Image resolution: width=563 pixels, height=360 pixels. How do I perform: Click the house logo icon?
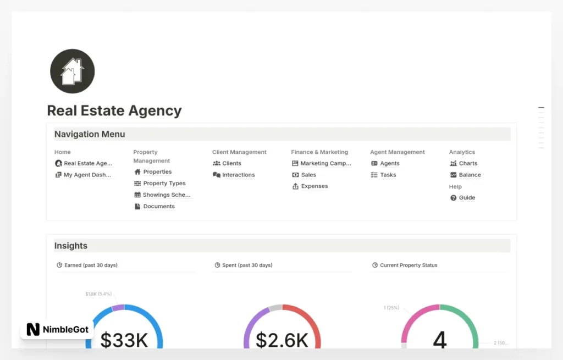coord(72,71)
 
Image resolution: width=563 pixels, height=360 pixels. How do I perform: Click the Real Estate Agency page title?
coord(114,110)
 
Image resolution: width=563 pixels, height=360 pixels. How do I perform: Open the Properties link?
coord(157,172)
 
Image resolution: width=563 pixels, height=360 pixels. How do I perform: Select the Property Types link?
coord(164,184)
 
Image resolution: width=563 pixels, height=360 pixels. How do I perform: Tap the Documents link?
coord(158,207)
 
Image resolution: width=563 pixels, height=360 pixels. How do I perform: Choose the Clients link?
coord(231,163)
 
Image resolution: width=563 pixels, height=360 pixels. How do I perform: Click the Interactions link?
coord(238,175)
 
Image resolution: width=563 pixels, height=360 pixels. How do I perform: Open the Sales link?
coord(308,175)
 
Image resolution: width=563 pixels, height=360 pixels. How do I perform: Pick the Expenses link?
coord(314,186)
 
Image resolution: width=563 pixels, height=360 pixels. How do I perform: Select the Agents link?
coord(389,163)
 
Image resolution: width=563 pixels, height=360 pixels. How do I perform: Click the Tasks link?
coord(388,175)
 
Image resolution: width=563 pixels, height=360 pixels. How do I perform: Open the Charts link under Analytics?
coord(468,163)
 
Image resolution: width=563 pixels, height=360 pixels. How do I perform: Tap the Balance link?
coord(470,175)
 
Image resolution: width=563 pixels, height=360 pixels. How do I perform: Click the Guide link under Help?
coord(467,198)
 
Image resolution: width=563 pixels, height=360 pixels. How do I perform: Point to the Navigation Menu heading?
coord(90,134)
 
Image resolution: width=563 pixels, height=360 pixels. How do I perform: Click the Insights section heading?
coord(71,246)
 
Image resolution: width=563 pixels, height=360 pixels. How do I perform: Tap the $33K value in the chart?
coord(124,340)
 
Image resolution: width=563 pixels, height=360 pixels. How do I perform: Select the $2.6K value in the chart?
coord(282,340)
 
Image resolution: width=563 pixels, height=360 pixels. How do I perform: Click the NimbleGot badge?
coord(57,329)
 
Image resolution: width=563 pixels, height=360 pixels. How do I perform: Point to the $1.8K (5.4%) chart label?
coord(98,294)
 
